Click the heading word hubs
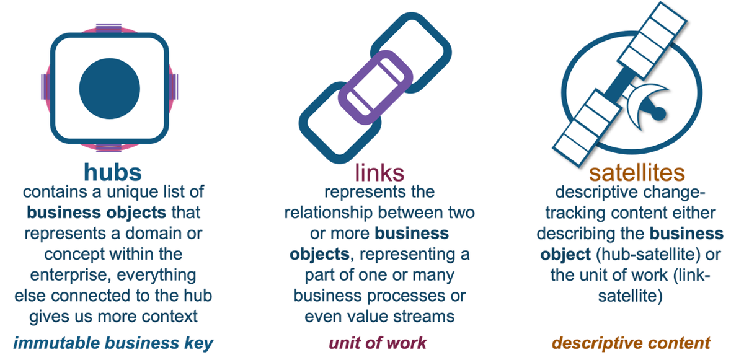point(113,172)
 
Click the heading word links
point(379,172)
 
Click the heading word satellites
point(637,172)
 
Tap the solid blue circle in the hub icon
point(109,89)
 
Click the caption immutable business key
point(113,343)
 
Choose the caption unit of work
point(378,343)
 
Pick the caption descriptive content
point(631,343)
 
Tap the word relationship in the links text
point(328,213)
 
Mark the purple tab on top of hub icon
point(108,28)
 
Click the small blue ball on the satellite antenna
point(659,113)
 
